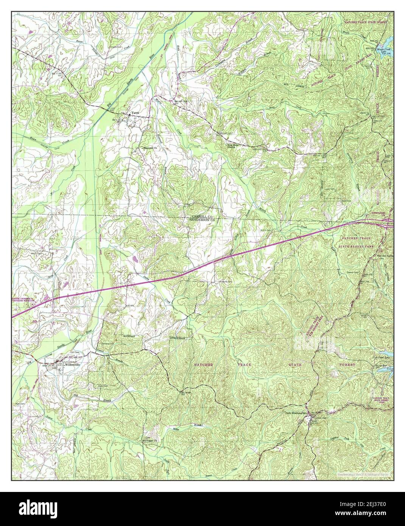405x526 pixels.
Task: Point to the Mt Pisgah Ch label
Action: tap(149, 440)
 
